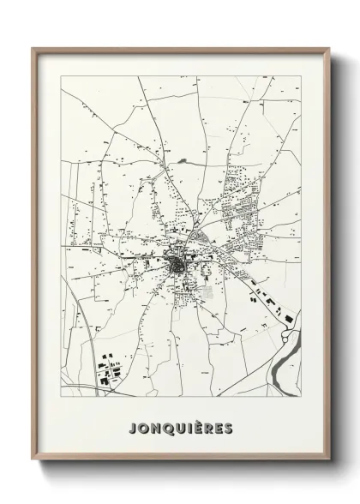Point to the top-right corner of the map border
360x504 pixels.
(302, 75)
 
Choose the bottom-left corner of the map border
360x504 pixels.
(59, 397)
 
